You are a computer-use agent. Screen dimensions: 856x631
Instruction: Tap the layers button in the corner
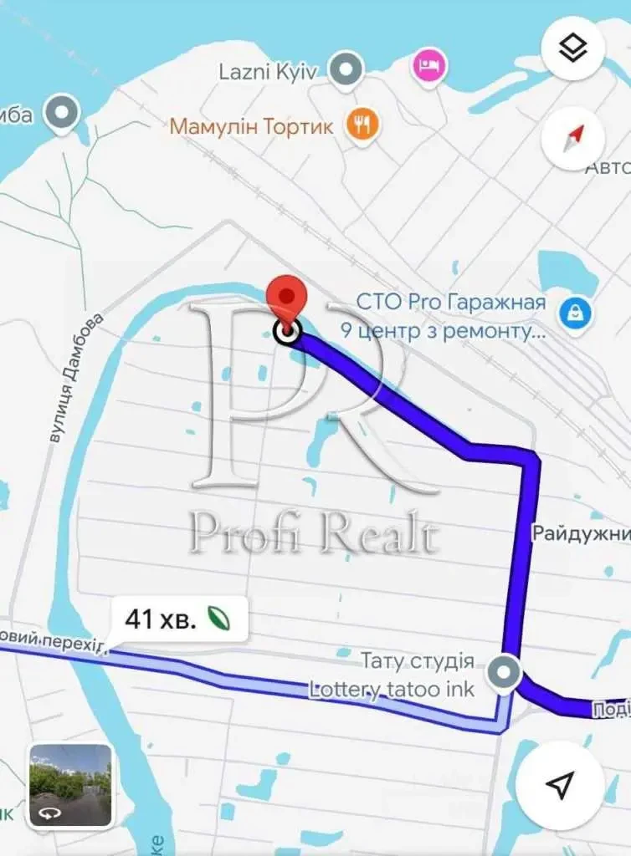click(573, 49)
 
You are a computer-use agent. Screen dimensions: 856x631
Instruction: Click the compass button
click(573, 139)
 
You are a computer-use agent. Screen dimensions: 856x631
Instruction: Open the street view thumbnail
click(70, 784)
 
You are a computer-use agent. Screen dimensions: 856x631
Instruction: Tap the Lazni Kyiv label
click(268, 71)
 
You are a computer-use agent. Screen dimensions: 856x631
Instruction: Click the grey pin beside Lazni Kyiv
click(345, 69)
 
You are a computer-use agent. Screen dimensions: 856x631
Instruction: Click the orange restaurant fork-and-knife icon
click(362, 126)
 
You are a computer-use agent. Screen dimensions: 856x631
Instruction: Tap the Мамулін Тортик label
click(252, 127)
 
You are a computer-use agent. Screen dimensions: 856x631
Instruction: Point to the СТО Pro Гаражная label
click(450, 302)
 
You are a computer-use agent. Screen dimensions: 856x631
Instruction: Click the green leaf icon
click(220, 619)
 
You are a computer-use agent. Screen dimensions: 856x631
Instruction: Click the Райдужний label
click(581, 533)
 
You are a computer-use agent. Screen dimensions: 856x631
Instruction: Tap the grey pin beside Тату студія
click(504, 673)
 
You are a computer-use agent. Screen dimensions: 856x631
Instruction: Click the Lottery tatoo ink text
click(392, 690)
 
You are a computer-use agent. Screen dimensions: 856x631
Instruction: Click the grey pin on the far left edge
click(62, 113)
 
